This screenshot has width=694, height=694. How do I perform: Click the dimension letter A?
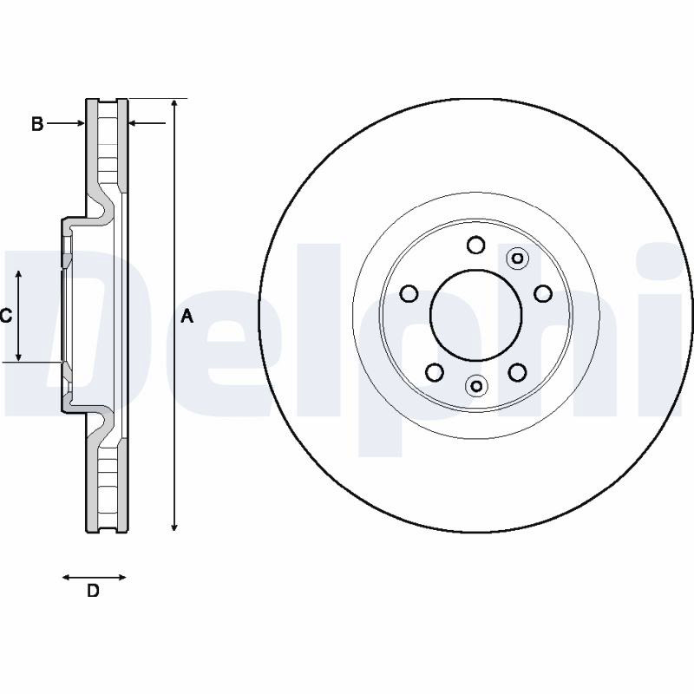187,316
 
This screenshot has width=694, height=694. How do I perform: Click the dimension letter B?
37,124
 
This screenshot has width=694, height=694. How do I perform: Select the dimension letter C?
6,316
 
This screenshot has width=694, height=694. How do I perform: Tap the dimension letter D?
93,591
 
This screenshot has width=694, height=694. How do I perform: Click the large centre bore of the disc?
475,315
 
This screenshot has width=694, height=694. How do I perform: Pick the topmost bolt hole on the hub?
476,245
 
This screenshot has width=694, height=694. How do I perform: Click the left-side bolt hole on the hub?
409,293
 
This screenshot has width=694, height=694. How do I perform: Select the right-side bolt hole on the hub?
543,293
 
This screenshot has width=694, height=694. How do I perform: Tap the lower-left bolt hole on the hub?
435,372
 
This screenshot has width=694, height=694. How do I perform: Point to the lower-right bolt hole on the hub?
517,372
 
